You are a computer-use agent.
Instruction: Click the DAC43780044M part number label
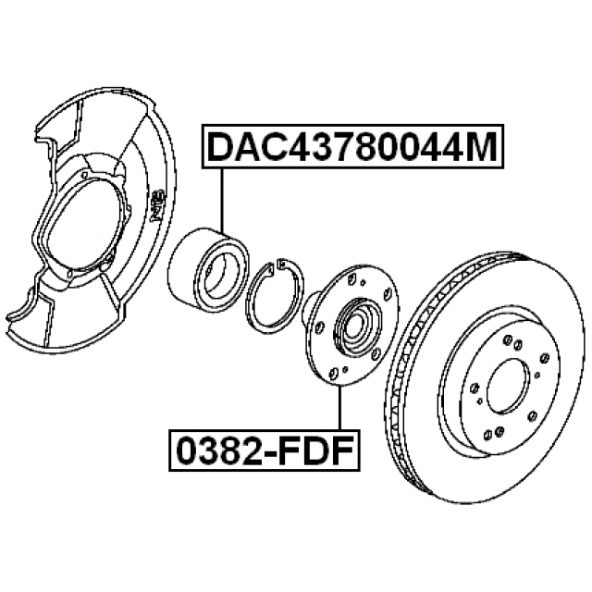pos(351,148)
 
